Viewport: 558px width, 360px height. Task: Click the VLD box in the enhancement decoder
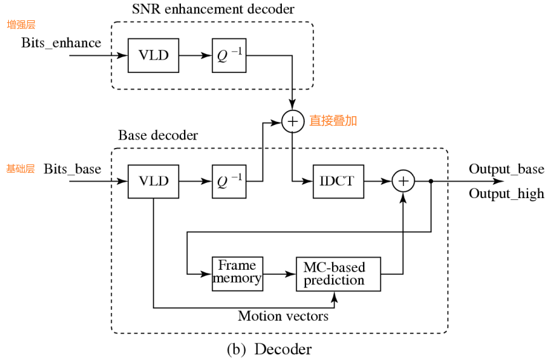tap(153, 55)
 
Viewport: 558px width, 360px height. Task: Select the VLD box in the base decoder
tap(153, 182)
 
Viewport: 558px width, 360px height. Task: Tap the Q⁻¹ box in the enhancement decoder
tap(229, 55)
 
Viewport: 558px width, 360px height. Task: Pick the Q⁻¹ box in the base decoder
tap(229, 182)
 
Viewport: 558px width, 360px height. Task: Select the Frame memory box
tap(237, 273)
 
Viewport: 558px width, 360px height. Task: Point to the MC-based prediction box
tap(338, 274)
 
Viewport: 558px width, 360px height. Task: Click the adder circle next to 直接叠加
tap(293, 121)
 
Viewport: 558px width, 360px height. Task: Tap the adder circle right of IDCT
tap(402, 182)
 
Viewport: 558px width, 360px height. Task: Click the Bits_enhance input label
tap(61, 43)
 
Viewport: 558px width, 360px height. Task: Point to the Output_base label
tap(506, 170)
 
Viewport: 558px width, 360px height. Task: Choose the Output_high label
tap(506, 194)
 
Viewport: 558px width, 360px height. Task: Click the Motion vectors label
tap(283, 316)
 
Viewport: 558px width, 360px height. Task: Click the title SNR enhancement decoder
tap(213, 10)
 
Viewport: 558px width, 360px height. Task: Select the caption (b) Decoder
tap(269, 349)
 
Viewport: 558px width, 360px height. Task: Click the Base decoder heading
tap(158, 136)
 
